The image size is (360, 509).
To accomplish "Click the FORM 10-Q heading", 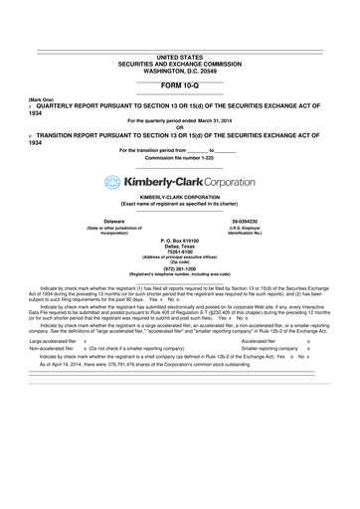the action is click(179, 86).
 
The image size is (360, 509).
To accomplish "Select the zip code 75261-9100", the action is click(179, 254).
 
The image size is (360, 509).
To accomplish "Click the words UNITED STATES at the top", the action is click(179, 58).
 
